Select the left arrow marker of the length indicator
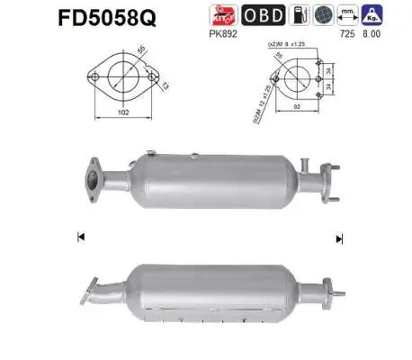(x=81, y=237)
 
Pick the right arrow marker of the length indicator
(x=338, y=238)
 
